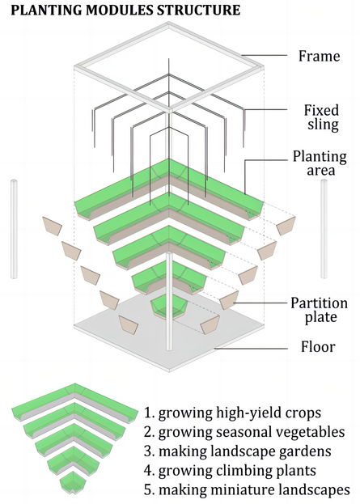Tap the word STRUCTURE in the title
(x=198, y=11)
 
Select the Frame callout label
(x=319, y=57)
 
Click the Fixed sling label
(x=320, y=118)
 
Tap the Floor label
(x=316, y=349)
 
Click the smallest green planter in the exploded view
(x=169, y=306)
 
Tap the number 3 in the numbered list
(x=150, y=451)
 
